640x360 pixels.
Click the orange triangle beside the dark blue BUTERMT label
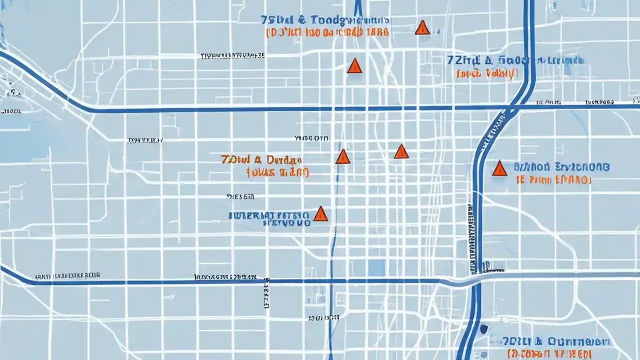320,214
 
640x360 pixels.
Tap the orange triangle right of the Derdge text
342,157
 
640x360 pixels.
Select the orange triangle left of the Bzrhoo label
499,168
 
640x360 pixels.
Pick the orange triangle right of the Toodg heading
422,28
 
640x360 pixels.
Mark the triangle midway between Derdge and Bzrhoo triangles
401,151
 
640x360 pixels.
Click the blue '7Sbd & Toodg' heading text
302,20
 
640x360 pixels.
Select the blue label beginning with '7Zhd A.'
515,61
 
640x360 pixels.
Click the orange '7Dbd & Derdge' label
260,160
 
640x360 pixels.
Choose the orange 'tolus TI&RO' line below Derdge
277,173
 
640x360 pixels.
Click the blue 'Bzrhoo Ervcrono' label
561,167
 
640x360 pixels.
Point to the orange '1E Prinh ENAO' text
552,180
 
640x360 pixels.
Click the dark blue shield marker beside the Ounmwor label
483,328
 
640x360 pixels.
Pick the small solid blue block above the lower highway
376,267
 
